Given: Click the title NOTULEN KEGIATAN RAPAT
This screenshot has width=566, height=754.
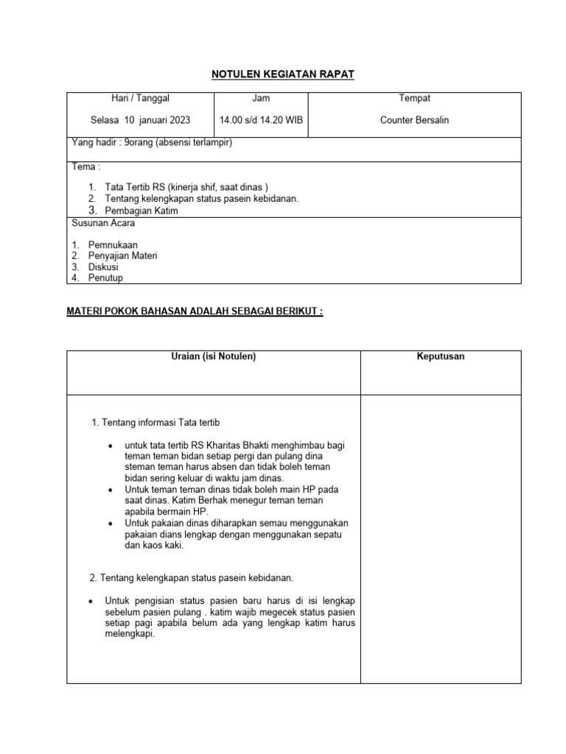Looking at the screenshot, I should [283, 74].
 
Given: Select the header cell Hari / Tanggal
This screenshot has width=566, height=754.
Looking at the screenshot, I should [140, 98].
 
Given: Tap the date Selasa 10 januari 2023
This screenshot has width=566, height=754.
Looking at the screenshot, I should [140, 120].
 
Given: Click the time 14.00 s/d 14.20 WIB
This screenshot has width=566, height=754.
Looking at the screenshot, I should [260, 120].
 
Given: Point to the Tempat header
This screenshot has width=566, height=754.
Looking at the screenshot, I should [414, 98].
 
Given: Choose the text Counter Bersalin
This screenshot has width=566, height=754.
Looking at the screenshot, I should [414, 120].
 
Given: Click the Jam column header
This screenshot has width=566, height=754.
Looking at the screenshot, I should [260, 98].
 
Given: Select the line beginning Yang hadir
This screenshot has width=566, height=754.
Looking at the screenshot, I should [151, 143].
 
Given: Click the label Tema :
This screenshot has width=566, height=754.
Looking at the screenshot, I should [85, 166].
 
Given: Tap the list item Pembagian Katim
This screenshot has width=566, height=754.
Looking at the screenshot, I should [141, 211].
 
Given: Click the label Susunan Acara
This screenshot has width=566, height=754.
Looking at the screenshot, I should [103, 222].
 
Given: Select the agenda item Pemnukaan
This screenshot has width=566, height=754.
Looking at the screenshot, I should [113, 244].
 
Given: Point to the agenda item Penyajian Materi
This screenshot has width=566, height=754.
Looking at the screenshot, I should [122, 256].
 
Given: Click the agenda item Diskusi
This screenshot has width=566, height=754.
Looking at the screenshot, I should [103, 267].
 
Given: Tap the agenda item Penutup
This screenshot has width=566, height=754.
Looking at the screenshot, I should [105, 278].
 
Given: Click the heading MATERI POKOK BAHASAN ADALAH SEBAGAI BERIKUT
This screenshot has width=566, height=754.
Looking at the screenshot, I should [195, 311].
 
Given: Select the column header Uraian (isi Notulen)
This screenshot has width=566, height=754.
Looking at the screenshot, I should [213, 356].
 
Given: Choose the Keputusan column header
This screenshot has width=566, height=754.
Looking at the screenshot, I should [440, 356].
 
